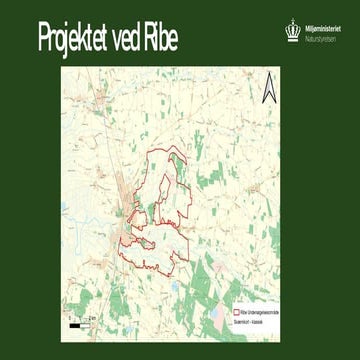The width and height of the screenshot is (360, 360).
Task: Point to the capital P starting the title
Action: [45, 37]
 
